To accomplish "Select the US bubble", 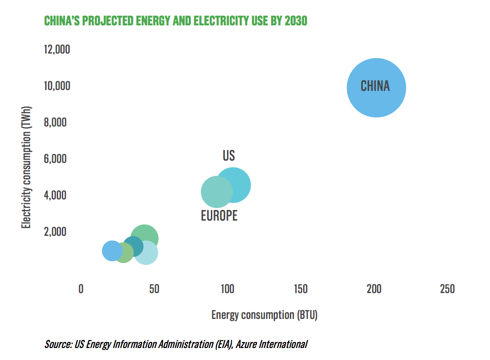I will tap(240, 183).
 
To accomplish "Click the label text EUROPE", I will tap(219, 216).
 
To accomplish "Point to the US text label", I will tap(229, 156).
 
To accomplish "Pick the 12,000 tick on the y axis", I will tap(57, 49).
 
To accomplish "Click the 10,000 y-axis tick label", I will tap(57, 86).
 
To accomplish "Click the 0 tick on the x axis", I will tap(81, 289).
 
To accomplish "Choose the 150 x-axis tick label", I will tap(300, 289).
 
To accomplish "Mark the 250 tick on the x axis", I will tap(447, 289).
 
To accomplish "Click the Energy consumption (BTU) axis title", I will tap(264, 315).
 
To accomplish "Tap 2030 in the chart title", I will tap(296, 21).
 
